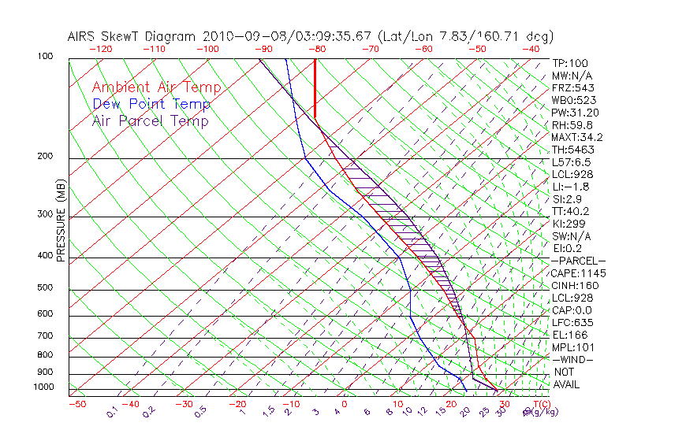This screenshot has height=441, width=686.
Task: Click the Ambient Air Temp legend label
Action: click(x=156, y=87)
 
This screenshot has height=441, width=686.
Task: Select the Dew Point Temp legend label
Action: click(x=151, y=104)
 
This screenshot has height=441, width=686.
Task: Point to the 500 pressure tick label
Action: click(x=46, y=287)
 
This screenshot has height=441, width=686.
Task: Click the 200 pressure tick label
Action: click(x=46, y=157)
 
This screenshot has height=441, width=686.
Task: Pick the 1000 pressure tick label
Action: click(x=43, y=387)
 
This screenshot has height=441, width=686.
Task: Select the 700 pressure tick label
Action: click(x=46, y=337)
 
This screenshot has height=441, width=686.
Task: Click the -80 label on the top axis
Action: click(x=315, y=49)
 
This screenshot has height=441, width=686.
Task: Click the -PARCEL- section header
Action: click(x=578, y=261)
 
